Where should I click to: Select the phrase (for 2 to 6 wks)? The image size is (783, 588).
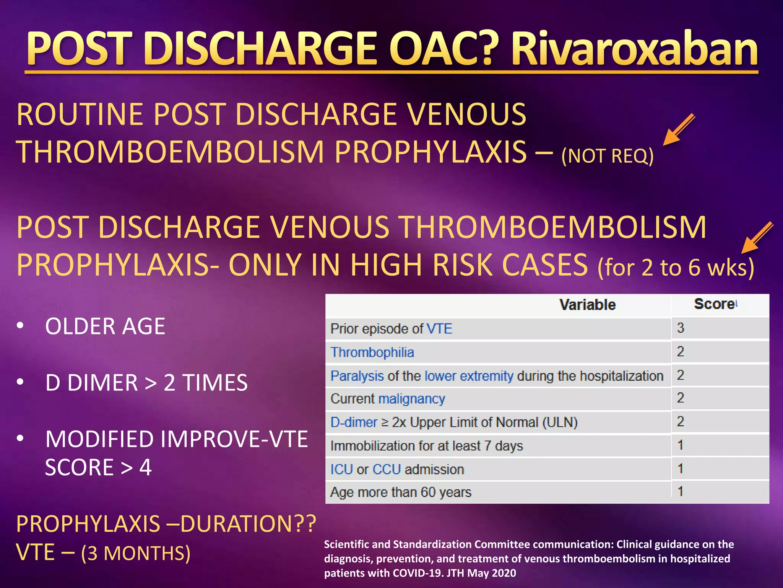675,267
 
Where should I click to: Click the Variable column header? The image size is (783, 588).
587,305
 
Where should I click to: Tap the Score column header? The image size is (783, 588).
714,304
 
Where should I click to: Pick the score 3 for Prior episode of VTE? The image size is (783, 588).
681,328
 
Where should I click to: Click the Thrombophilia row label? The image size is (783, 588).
372,352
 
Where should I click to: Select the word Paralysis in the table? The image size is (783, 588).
357,376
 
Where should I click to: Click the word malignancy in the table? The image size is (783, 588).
412,399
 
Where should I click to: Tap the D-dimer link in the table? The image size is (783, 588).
354,422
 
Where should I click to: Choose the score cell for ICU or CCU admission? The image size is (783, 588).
681,469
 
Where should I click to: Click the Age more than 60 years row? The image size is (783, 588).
400,492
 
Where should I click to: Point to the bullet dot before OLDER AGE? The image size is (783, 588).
20,326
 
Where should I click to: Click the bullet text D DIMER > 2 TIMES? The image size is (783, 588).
146,382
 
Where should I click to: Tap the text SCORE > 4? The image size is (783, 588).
98,467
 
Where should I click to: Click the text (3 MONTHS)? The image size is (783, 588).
135,553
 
